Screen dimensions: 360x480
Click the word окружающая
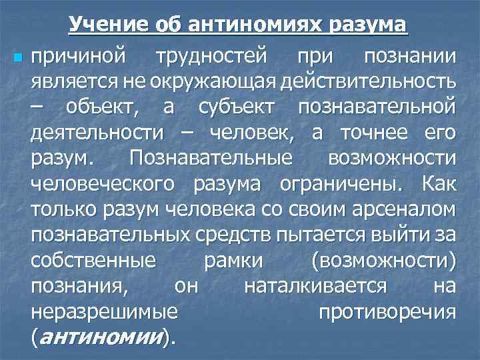coord(208,83)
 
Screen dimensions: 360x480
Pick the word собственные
coord(93,259)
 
